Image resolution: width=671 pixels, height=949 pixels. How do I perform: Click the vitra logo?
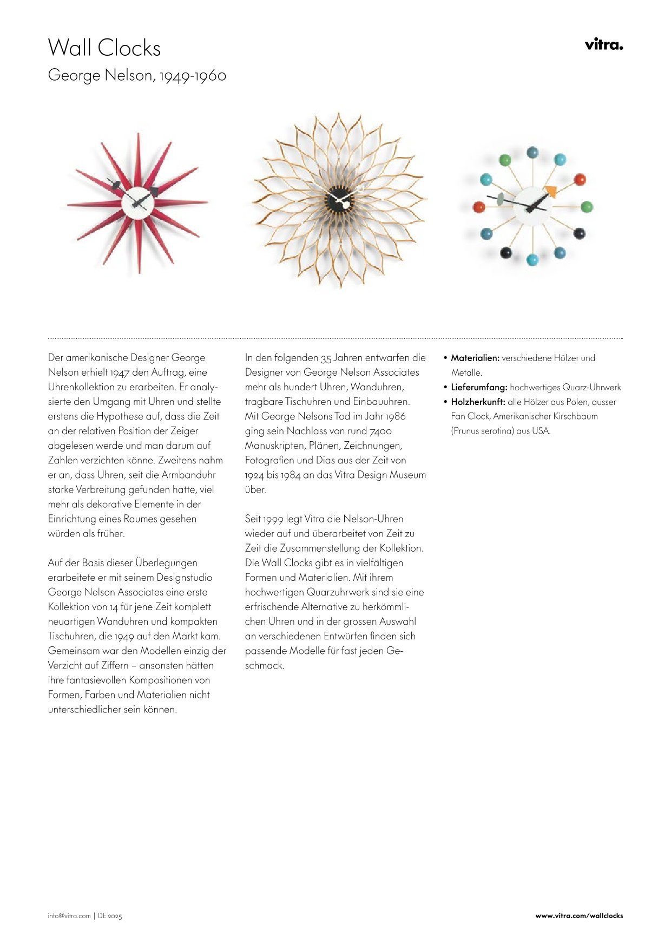coord(603,44)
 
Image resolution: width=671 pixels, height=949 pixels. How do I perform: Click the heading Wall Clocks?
coord(104,48)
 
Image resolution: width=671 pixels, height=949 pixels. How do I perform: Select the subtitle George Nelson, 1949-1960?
coord(137,75)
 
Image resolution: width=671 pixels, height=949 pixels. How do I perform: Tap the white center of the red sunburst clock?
coord(137,202)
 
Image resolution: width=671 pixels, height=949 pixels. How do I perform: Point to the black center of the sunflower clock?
coord(340,199)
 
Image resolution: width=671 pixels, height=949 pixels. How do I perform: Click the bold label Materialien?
coord(475,358)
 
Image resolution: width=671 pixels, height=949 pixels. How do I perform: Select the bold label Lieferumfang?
coord(479,387)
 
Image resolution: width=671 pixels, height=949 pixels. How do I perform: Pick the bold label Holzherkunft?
coord(478,402)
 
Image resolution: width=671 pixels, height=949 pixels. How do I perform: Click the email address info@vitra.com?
coord(69,916)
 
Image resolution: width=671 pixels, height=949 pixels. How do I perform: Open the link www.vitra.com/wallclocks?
coord(579,916)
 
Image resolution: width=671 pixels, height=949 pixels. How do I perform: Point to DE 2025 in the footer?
coord(110,916)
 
